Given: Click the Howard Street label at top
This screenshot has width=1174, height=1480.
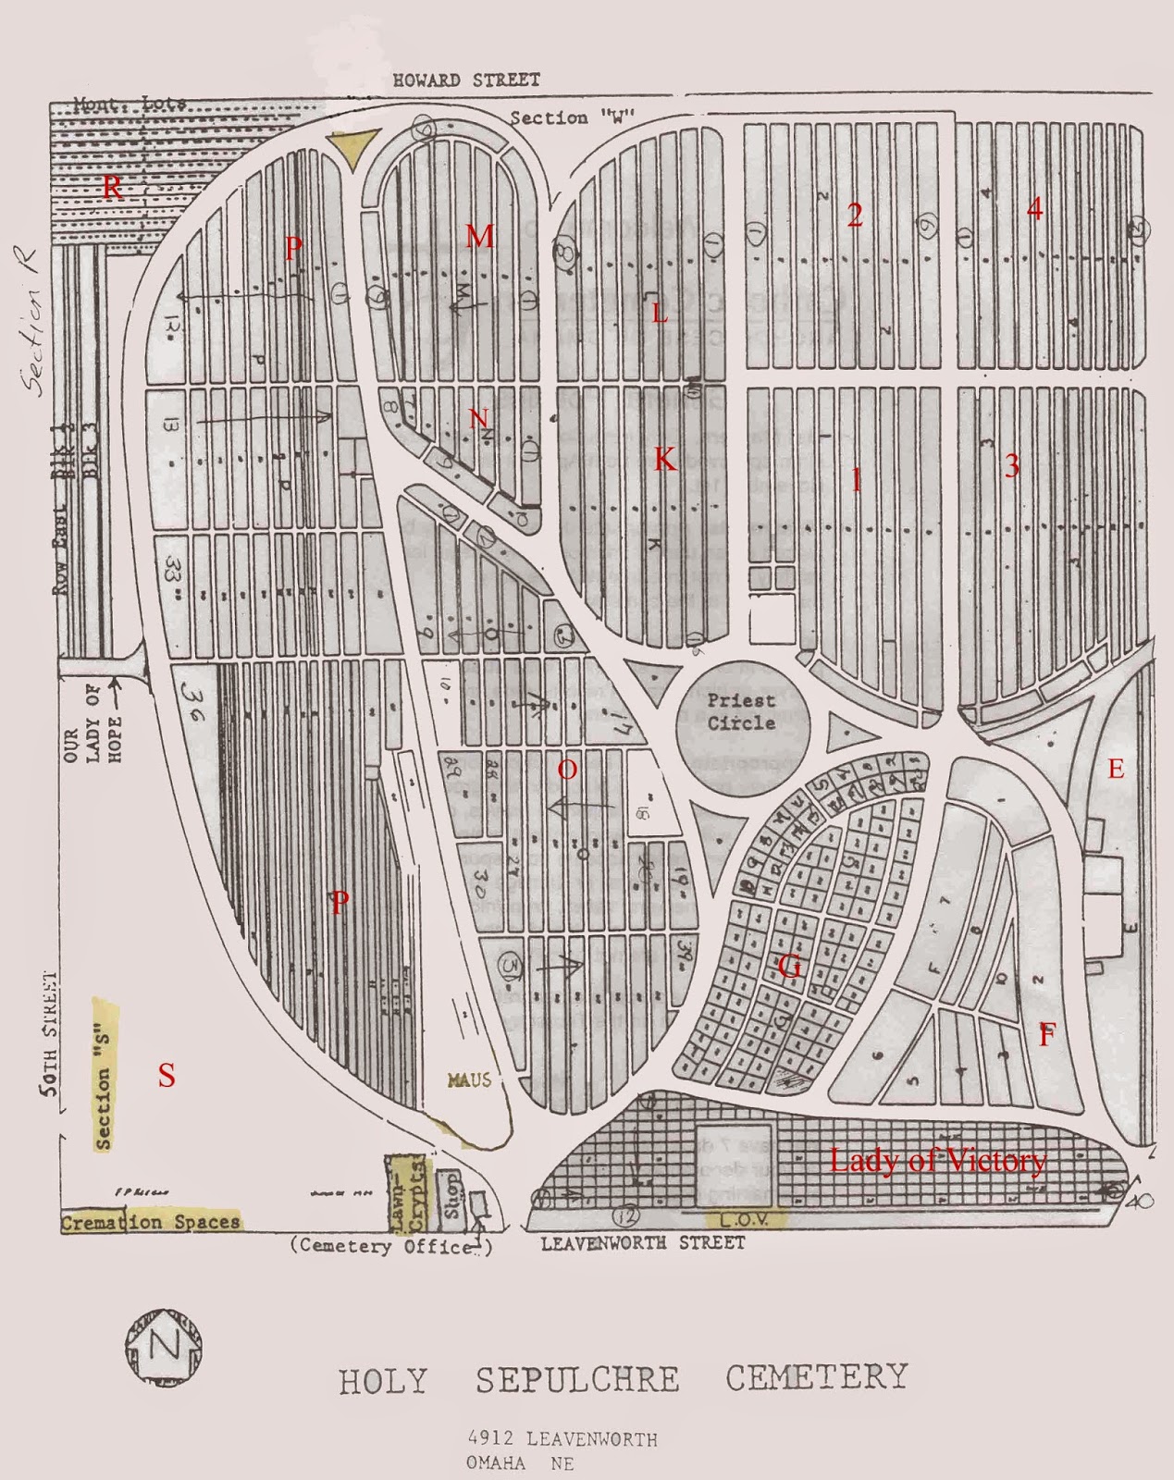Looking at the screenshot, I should click(465, 80).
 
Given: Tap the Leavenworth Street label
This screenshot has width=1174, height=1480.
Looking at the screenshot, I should click(642, 1243).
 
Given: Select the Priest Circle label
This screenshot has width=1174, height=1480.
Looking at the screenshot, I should click(740, 711).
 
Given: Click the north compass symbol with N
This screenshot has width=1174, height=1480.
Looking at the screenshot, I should click(164, 1347).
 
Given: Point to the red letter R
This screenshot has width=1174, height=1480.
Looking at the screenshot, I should click(112, 188).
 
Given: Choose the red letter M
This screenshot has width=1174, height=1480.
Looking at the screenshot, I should click(479, 237).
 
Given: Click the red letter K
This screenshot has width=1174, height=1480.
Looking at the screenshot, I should click(665, 459).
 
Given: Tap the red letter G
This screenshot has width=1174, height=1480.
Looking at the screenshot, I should click(789, 968).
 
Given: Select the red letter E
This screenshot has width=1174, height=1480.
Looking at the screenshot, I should click(1116, 769).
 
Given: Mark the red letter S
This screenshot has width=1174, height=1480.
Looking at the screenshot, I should click(166, 1075).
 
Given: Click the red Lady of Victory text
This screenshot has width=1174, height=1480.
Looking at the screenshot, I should click(937, 1161).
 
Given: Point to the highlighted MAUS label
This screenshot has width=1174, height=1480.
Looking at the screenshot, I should click(469, 1079).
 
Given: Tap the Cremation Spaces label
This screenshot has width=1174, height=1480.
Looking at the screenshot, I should click(150, 1222).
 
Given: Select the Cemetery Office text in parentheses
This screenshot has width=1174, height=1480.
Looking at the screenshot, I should click(391, 1246).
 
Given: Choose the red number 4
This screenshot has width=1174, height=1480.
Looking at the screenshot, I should click(1034, 209).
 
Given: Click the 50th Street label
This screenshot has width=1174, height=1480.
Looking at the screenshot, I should click(52, 1035).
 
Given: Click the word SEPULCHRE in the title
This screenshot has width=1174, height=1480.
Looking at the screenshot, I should click(577, 1379).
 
